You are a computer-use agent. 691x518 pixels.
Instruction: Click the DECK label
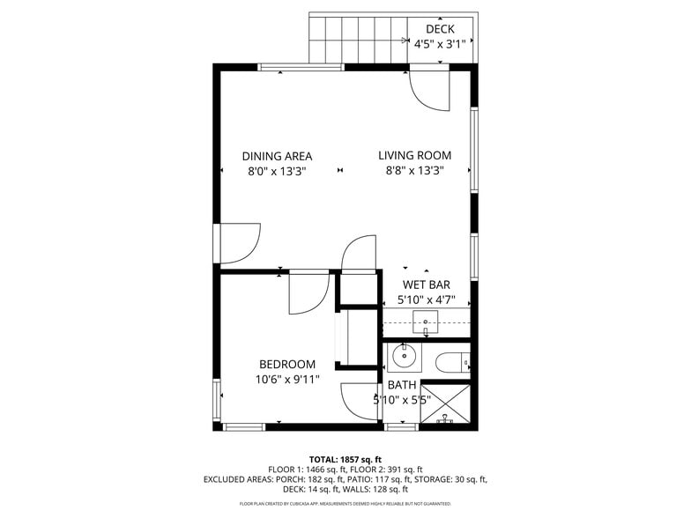click(440, 29)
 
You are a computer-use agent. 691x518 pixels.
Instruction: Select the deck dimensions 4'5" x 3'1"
click(440, 44)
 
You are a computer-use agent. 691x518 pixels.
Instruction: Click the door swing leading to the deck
click(429, 89)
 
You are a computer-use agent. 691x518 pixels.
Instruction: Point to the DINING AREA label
click(277, 156)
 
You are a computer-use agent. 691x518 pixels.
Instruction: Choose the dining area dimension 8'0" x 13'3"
click(277, 172)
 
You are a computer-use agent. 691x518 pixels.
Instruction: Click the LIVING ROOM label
click(415, 156)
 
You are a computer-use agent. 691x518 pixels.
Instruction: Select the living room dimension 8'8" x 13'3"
click(415, 172)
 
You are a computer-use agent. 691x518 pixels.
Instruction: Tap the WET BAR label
click(426, 285)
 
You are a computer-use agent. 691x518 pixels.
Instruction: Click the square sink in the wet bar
click(426, 322)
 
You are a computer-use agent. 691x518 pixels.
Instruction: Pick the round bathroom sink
click(404, 357)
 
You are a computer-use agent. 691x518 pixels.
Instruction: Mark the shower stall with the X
click(445, 404)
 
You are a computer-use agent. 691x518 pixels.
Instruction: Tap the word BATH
click(402, 385)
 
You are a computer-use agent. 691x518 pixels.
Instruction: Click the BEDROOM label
click(287, 365)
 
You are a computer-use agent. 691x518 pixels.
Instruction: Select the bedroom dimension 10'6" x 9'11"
click(287, 380)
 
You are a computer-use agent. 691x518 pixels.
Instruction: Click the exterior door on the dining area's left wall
click(237, 243)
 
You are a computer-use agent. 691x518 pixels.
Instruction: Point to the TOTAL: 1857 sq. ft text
click(345, 459)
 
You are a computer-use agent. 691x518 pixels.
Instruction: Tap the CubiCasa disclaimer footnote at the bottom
click(345, 504)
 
